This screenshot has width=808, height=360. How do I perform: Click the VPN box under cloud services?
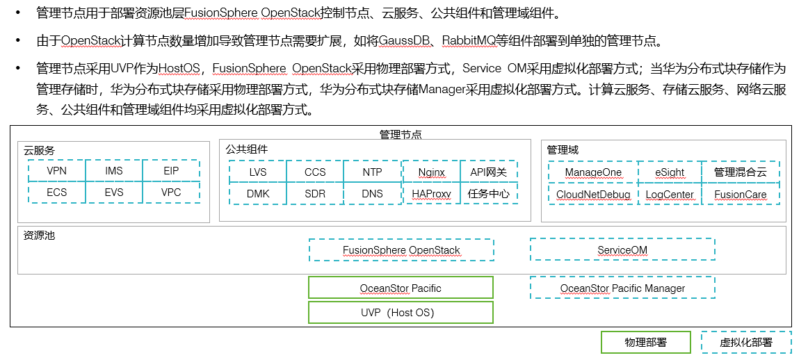point(57,171)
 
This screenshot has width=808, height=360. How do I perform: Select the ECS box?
point(57,193)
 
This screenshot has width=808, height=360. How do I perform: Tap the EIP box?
point(171,171)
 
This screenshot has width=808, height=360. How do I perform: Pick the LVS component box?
point(257,172)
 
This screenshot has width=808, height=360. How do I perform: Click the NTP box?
point(372,172)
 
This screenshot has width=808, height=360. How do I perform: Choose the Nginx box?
point(432,172)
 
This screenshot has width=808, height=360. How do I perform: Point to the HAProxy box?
point(432,193)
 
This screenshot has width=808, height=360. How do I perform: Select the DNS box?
point(372,193)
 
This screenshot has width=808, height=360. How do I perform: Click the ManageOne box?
point(592,172)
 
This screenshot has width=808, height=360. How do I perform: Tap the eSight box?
point(669,172)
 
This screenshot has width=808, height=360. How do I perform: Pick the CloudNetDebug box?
point(592,195)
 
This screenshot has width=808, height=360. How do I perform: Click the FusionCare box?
point(740,195)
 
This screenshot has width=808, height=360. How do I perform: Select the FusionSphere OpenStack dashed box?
point(401,250)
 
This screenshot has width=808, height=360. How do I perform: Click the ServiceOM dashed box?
point(622,250)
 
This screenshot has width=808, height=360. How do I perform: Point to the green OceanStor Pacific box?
point(401,288)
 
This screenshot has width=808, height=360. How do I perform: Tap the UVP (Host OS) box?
point(401,313)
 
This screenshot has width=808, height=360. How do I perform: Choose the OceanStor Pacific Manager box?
point(622,288)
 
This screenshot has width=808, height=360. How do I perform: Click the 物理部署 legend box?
point(645,343)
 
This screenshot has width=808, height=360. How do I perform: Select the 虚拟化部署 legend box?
point(745,343)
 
